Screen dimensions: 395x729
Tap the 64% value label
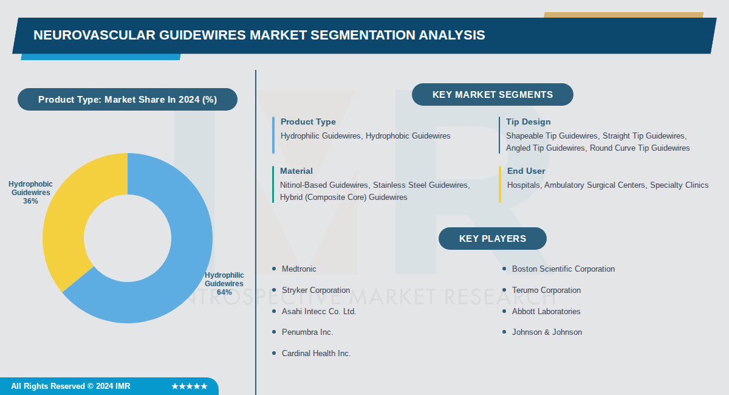point(224,292)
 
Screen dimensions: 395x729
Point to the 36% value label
point(30,201)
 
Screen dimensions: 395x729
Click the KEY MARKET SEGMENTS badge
point(492,95)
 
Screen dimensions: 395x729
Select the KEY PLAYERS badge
point(492,238)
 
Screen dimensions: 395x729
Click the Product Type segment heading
point(308,122)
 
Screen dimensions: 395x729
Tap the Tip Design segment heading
point(528,122)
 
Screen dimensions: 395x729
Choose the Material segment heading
point(296,171)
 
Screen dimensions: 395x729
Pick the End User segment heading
point(526,171)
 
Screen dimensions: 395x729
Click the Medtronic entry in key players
point(299,269)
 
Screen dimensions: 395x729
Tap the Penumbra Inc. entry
point(307,332)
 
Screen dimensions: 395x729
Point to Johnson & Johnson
point(547,332)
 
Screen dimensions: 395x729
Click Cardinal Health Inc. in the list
point(316,354)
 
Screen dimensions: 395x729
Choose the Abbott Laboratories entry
point(546,312)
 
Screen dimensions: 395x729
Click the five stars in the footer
point(190,386)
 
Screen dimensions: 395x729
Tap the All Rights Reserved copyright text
point(70,386)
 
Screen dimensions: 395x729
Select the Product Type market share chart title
point(128,100)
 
